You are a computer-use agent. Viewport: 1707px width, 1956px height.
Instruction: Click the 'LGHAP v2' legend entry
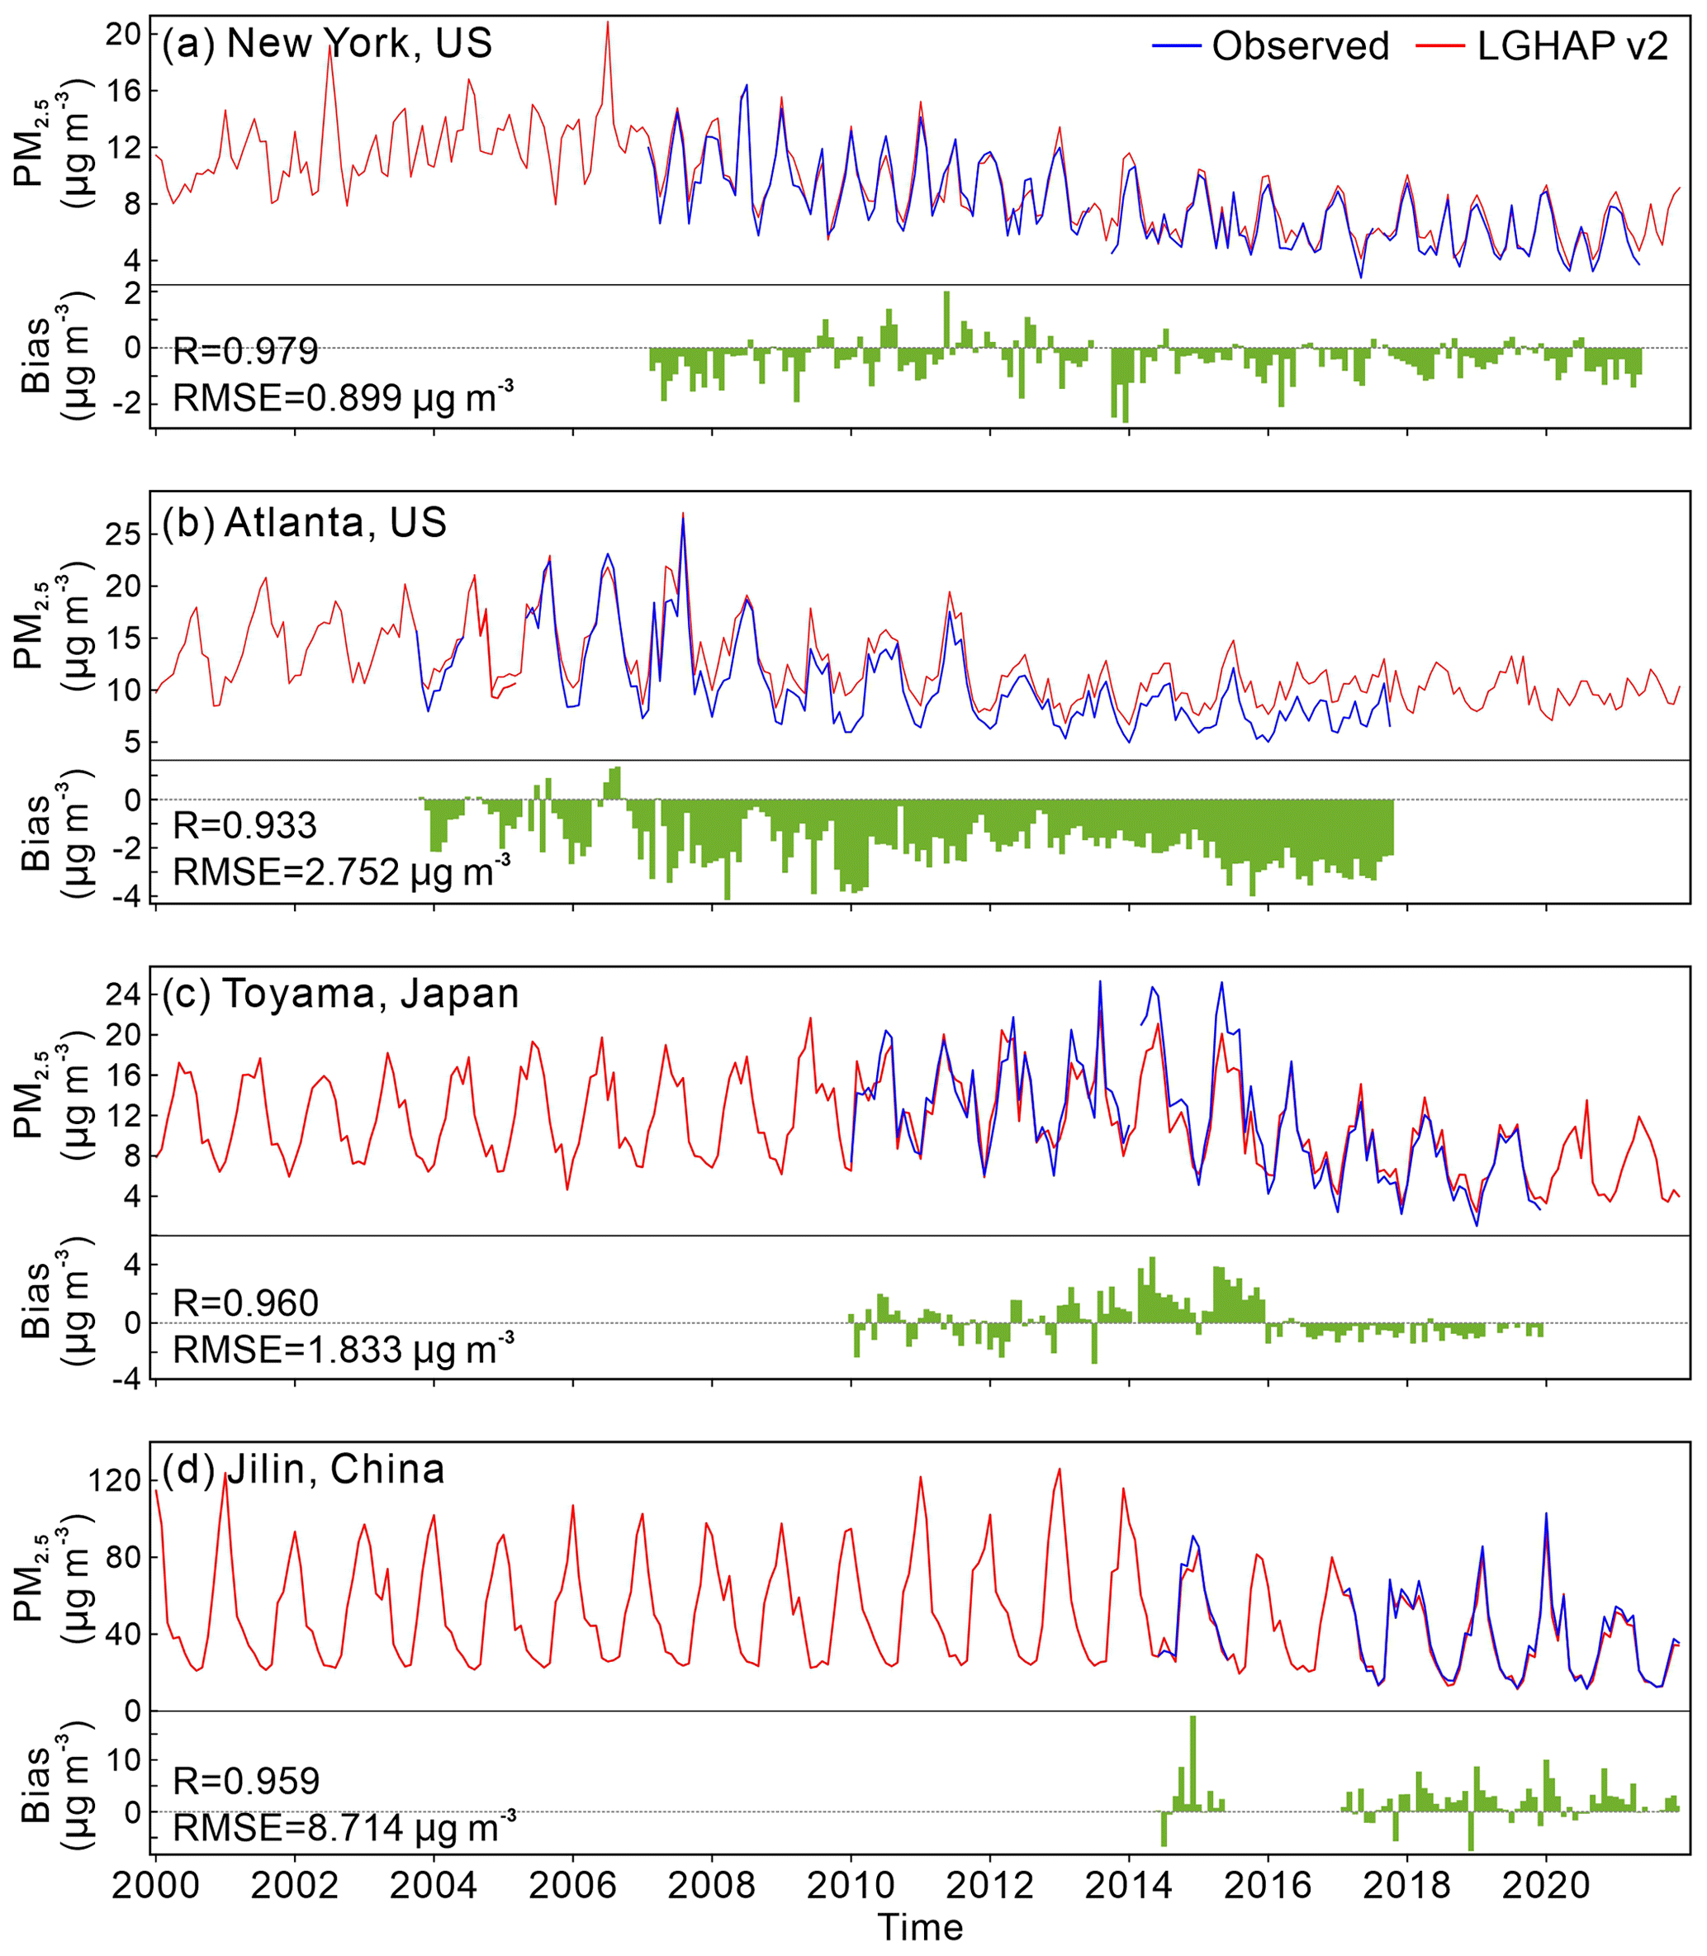coord(1572,45)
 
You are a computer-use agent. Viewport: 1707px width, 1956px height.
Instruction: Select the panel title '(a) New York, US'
coord(327,44)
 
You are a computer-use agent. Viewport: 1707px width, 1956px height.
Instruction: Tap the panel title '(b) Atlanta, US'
coord(304,522)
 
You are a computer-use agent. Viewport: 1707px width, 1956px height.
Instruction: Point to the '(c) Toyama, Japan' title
coord(340,994)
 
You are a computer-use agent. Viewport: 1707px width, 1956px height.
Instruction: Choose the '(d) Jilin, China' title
coord(303,1469)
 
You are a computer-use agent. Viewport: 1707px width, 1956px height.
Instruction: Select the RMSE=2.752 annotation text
coord(342,871)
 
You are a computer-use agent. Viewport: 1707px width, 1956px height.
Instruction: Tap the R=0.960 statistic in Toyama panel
coord(246,1303)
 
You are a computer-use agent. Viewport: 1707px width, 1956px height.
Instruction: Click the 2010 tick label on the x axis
coord(851,1886)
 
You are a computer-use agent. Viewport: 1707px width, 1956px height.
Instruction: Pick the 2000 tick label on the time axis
coord(155,1886)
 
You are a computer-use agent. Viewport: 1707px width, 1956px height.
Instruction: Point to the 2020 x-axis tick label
coord(1546,1886)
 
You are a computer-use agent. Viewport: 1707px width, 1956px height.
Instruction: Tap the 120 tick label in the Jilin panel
coord(114,1480)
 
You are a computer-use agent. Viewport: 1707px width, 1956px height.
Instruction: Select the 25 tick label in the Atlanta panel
coord(124,534)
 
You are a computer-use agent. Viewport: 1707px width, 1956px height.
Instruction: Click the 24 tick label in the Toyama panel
coord(124,994)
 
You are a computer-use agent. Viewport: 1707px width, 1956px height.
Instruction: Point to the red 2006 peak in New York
coord(608,25)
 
